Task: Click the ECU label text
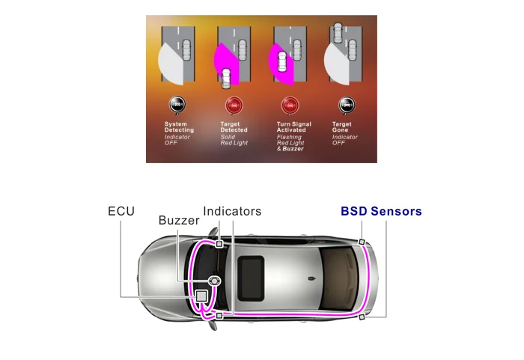121,211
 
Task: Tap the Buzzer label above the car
179,221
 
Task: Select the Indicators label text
232,211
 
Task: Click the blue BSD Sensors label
381,211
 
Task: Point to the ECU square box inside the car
201,296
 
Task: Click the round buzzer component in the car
215,281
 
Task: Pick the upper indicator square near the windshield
219,244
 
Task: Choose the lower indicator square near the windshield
219,317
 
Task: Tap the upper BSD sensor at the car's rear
362,242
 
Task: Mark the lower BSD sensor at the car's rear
362,317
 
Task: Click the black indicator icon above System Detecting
177,105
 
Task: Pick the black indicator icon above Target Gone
346,105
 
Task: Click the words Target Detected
234,127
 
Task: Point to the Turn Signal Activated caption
291,127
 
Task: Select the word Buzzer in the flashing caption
293,149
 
